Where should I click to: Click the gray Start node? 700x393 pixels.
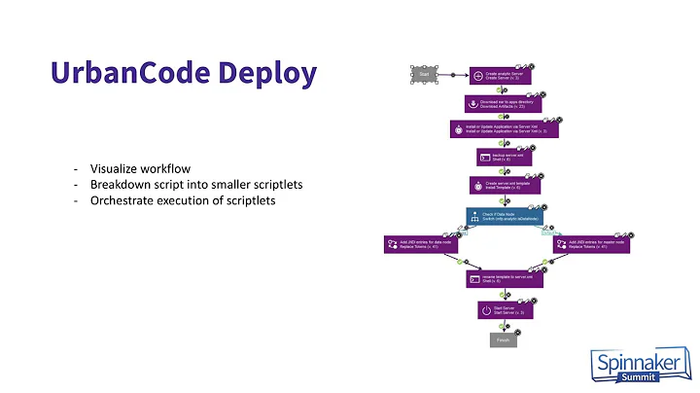425,74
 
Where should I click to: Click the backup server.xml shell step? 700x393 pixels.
504,157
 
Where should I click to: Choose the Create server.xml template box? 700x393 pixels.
504,185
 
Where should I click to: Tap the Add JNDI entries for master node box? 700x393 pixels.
591,244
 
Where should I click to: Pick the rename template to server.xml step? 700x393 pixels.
504,279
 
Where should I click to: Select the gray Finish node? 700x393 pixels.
504,339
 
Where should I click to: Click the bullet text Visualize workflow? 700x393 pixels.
137,167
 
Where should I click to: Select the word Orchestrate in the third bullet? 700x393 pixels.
122,201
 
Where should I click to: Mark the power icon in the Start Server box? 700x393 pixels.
487,310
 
